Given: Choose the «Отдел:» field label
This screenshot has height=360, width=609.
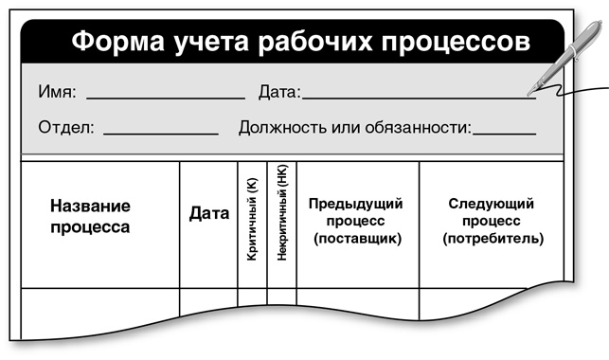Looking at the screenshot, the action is point(66,126).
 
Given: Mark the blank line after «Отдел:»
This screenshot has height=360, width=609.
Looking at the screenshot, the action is point(160,132).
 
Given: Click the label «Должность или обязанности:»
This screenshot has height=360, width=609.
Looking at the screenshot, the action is point(354,126).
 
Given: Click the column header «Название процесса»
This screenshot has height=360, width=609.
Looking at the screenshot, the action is point(90,216).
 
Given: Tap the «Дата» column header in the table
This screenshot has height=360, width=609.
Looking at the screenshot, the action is point(209,214).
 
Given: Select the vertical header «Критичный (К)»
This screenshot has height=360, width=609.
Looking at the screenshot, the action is point(252,223).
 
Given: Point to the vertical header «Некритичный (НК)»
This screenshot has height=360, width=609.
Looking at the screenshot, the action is point(282,222).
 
